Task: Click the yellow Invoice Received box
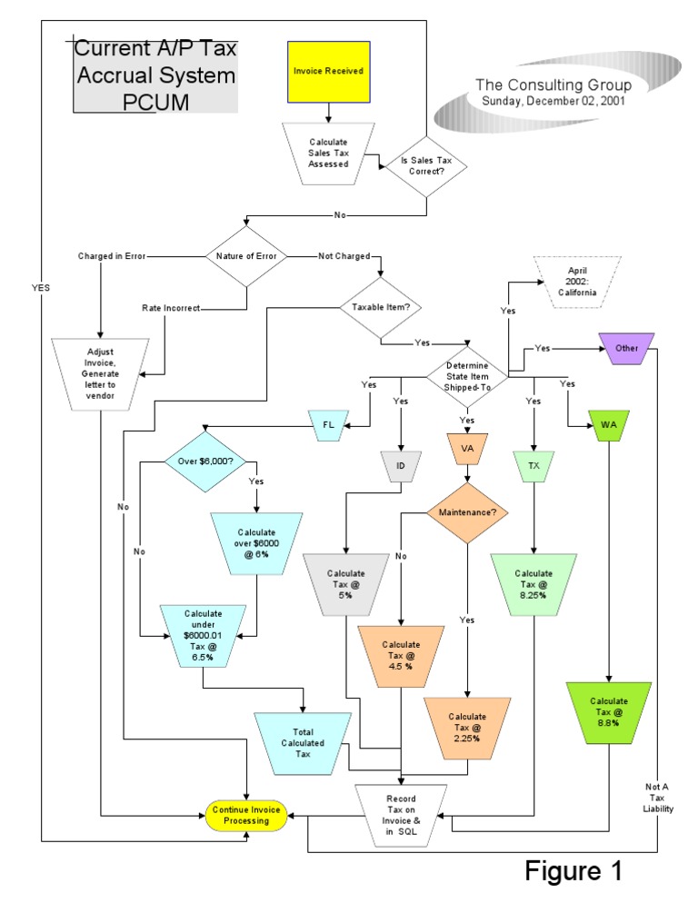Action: pos(328,70)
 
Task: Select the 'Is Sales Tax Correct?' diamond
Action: pos(427,164)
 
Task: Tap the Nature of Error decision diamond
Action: pos(247,256)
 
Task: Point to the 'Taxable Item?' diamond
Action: pos(381,307)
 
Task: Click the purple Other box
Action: pos(627,348)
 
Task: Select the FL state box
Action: pos(329,424)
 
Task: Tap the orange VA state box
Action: pos(467,449)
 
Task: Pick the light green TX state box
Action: pos(533,465)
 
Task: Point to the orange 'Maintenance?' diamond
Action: pos(467,513)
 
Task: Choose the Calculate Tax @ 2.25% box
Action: pos(467,728)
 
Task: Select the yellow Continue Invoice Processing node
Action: pos(248,815)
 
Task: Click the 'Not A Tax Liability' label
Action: pos(659,797)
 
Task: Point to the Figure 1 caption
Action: pos(573,870)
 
